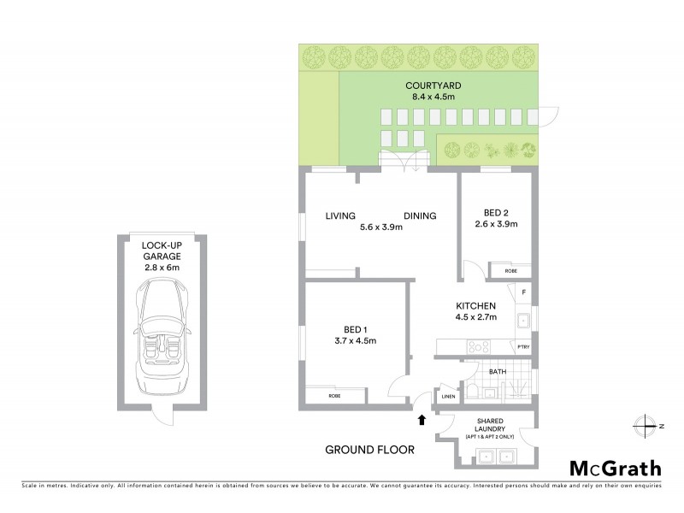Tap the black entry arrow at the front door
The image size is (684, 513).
tap(421, 419)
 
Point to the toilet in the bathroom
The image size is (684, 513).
tap(473, 392)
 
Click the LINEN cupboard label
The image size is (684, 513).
tap(447, 397)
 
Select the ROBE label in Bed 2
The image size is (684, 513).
tap(511, 270)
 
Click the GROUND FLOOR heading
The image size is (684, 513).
tap(369, 449)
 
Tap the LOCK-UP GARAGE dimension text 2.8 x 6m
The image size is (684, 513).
tap(161, 265)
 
